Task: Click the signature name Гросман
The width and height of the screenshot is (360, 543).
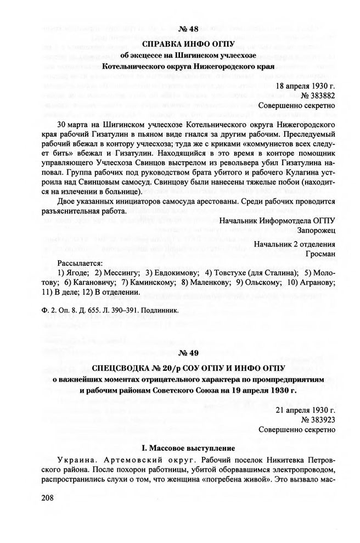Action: (x=320, y=254)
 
